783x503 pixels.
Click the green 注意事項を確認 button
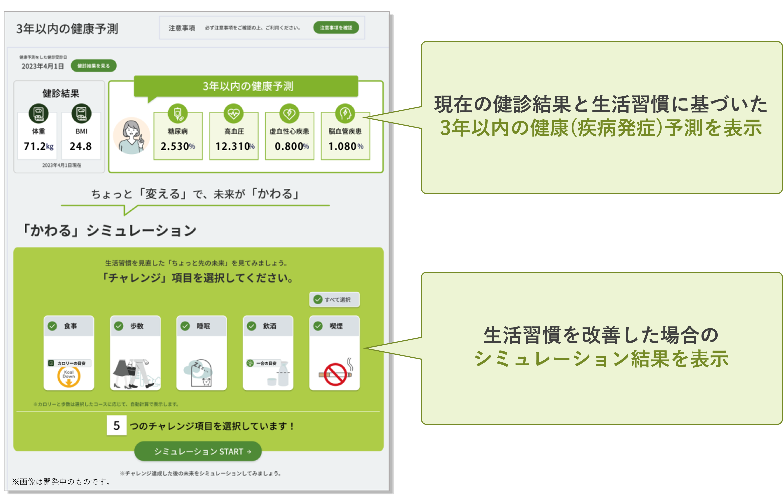(x=336, y=28)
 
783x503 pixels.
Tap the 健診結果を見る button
(x=93, y=66)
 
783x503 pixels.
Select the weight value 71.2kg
(x=38, y=146)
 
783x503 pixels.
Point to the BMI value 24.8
(x=81, y=146)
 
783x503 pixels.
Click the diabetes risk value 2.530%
(x=178, y=146)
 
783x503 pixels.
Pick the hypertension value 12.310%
(x=234, y=146)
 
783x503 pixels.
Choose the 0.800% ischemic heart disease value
(x=291, y=146)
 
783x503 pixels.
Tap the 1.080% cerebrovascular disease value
(x=345, y=146)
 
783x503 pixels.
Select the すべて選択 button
(x=334, y=300)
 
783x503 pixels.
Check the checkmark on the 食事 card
(x=52, y=326)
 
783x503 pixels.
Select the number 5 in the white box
(x=117, y=425)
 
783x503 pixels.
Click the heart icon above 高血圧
(x=234, y=113)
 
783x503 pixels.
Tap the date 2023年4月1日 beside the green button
(x=43, y=66)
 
